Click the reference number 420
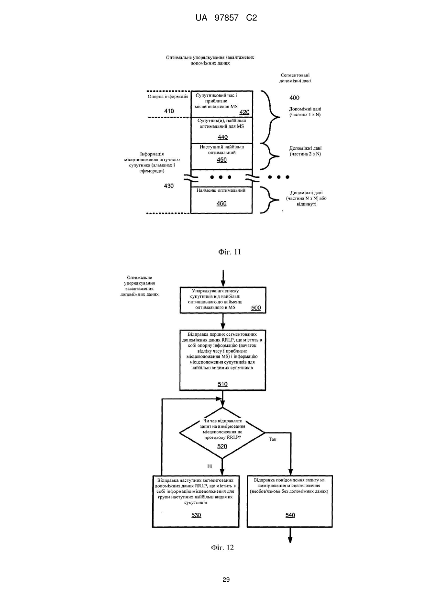tap(244, 112)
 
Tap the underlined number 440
tap(222, 137)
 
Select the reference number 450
tap(221, 160)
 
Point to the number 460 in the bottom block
tap(221, 203)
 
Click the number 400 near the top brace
tap(294, 98)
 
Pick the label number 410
tap(169, 111)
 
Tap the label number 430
tap(168, 186)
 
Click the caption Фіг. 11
tap(230, 252)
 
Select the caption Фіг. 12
tap(222, 547)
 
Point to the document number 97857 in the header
tap(227, 18)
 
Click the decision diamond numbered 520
tap(222, 432)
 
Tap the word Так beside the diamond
tap(273, 439)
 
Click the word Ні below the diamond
tap(210, 466)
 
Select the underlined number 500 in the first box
tap(256, 308)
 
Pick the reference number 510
tap(222, 384)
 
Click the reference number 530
tap(196, 515)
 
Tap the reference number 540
tap(290, 515)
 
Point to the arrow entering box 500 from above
tap(223, 278)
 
